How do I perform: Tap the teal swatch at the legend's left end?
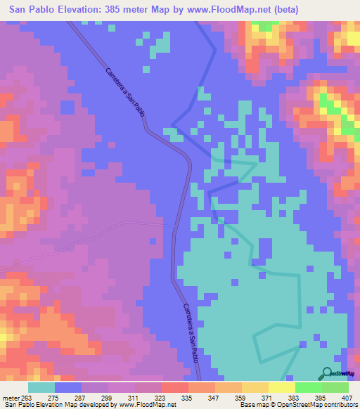tap(41, 387)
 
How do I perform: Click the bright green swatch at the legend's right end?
tap(335, 387)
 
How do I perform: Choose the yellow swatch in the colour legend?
tap(282, 387)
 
